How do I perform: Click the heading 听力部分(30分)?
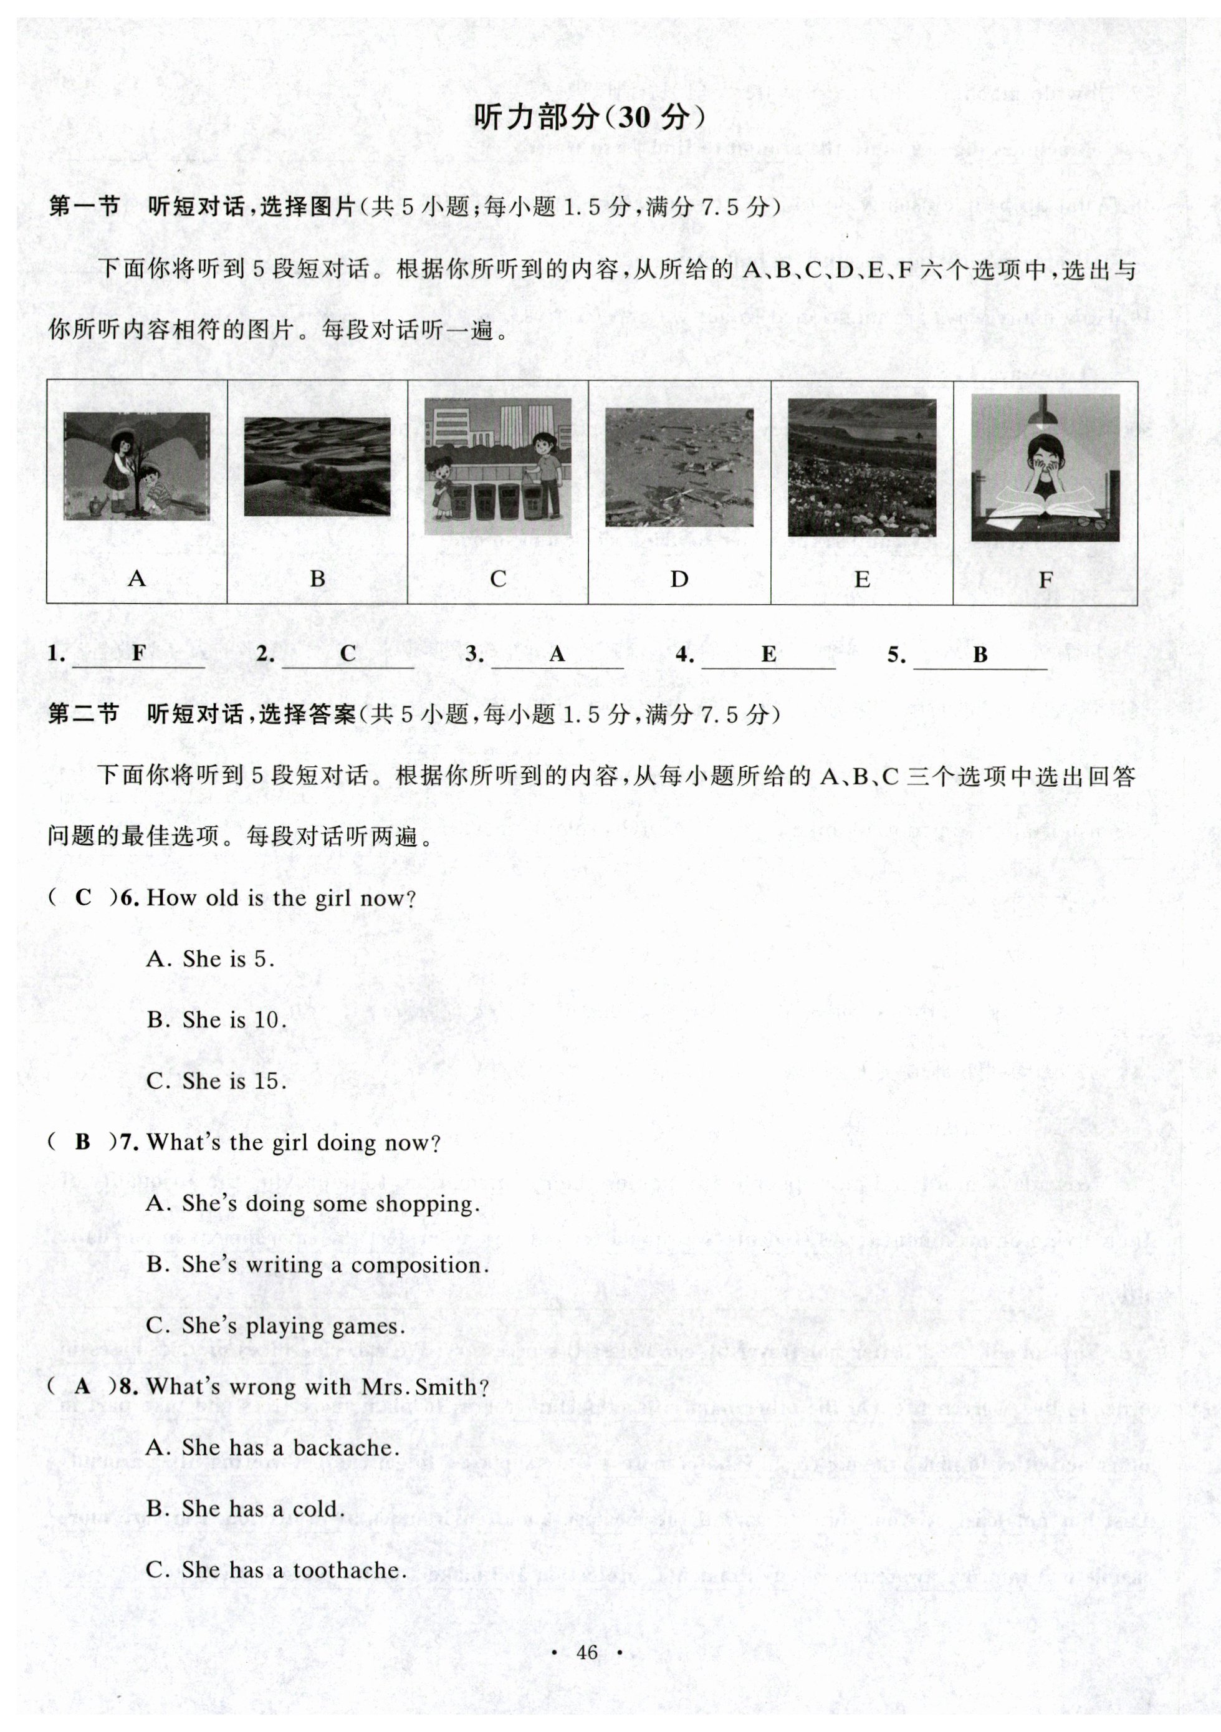pyautogui.click(x=590, y=117)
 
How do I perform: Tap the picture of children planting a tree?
pyautogui.click(x=136, y=466)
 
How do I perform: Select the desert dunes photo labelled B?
pyautogui.click(x=317, y=467)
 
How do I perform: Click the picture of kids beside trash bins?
pyautogui.click(x=498, y=466)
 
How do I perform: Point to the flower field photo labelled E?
pyautogui.click(x=861, y=467)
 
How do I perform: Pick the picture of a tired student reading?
pyautogui.click(x=1045, y=467)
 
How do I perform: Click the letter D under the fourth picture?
pyautogui.click(x=679, y=579)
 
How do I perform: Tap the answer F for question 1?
pyautogui.click(x=139, y=653)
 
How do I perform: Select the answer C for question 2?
pyautogui.click(x=348, y=653)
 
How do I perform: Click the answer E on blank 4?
pyautogui.click(x=768, y=654)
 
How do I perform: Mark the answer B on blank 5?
pyautogui.click(x=980, y=655)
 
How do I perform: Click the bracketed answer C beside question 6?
pyautogui.click(x=83, y=898)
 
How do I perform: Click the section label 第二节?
pyautogui.click(x=84, y=714)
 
